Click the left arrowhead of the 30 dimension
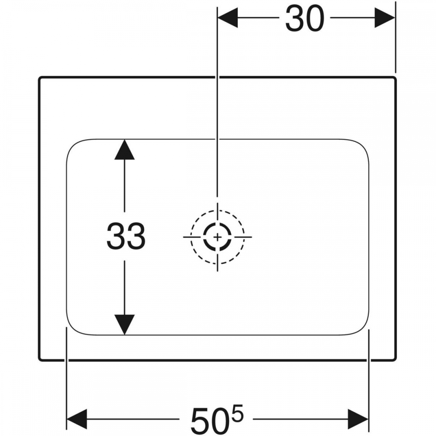click(x=228, y=18)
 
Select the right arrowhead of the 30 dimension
click(x=385, y=18)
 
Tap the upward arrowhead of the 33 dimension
click(x=125, y=150)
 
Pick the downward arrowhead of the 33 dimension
click(x=125, y=324)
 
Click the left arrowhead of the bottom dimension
click(x=77, y=419)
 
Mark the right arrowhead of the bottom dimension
click(x=358, y=419)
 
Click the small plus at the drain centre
click(x=218, y=237)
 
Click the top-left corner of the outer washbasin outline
click(x=39, y=78)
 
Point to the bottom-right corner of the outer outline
click(x=395, y=361)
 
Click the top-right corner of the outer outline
click(x=395, y=78)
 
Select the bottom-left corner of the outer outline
click(x=39, y=361)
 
